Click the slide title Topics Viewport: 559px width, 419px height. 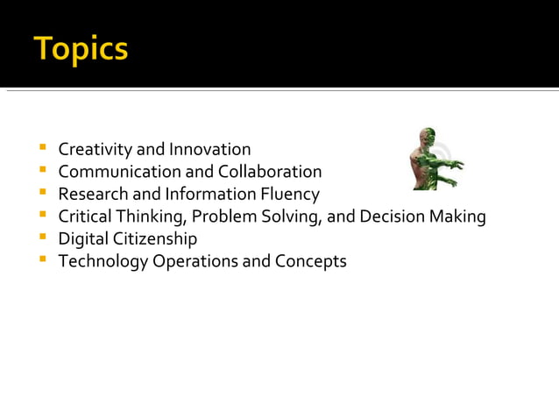click(81, 48)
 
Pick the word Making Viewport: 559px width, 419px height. click(457, 217)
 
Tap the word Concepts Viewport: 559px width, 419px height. click(311, 261)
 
